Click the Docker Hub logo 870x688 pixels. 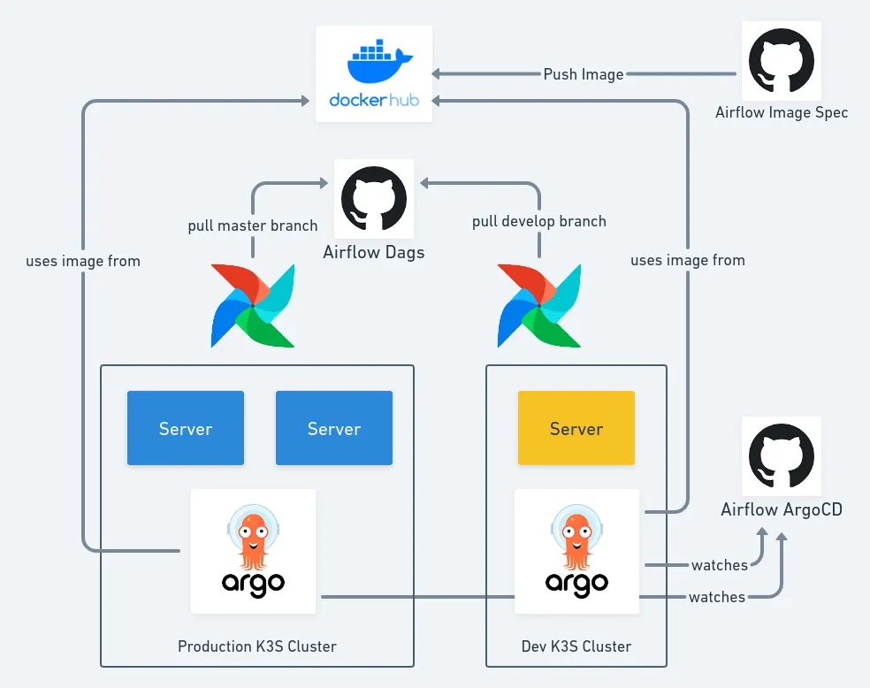(374, 73)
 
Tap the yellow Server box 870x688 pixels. (576, 428)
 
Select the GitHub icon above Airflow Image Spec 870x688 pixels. (782, 60)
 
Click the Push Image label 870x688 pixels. (584, 74)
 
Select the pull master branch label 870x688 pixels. (252, 226)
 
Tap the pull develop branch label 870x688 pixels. (539, 221)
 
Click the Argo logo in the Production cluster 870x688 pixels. (253, 551)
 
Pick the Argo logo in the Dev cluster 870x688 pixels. (576, 551)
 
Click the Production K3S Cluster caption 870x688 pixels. (257, 646)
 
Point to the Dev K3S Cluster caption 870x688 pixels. (576, 646)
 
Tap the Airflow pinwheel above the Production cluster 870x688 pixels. (253, 305)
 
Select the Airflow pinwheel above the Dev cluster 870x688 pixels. (539, 305)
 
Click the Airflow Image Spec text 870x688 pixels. (782, 112)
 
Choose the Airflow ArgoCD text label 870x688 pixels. (782, 509)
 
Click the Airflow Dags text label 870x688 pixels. (373, 253)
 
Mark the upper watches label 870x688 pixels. (720, 565)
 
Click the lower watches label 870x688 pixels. (717, 598)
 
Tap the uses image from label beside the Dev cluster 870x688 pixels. (688, 260)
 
